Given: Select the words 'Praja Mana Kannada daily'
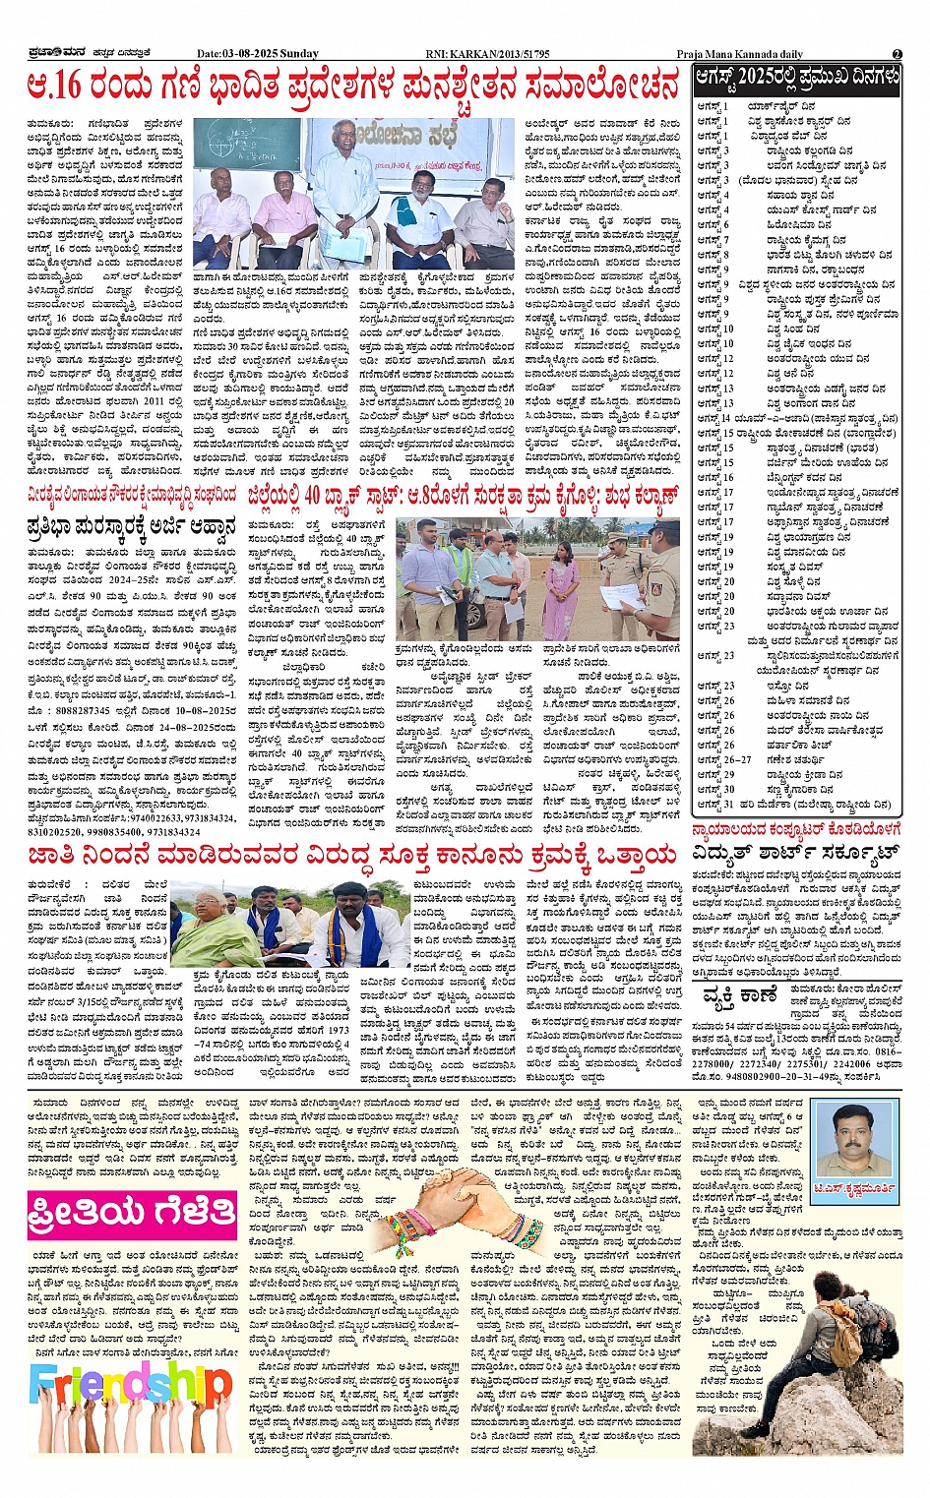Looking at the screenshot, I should tap(739, 53).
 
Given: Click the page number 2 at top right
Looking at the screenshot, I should tap(897, 53).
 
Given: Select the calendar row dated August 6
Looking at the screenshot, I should tap(787, 225).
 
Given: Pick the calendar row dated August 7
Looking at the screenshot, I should tap(787, 240).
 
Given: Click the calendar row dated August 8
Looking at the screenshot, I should tap(787, 255).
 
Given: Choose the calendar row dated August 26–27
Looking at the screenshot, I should tap(787, 759).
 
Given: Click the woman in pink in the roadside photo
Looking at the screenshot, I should tap(560, 586).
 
